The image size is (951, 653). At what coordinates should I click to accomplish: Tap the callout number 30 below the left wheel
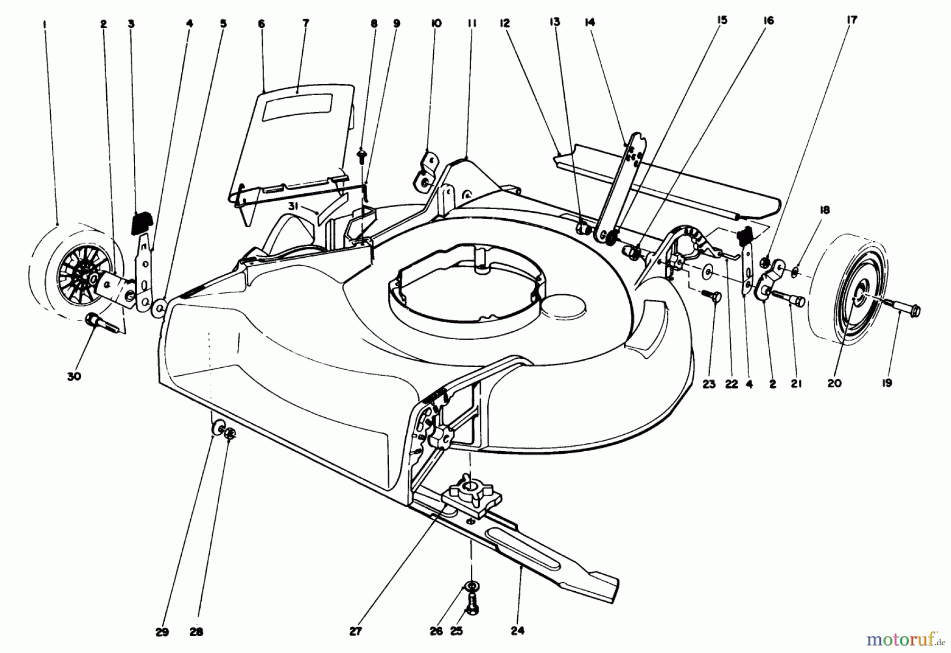click(x=74, y=377)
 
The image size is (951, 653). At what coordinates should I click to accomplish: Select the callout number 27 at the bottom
click(x=356, y=631)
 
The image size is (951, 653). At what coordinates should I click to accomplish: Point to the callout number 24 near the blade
click(x=518, y=630)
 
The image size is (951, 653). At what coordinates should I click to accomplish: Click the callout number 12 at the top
click(x=505, y=23)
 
